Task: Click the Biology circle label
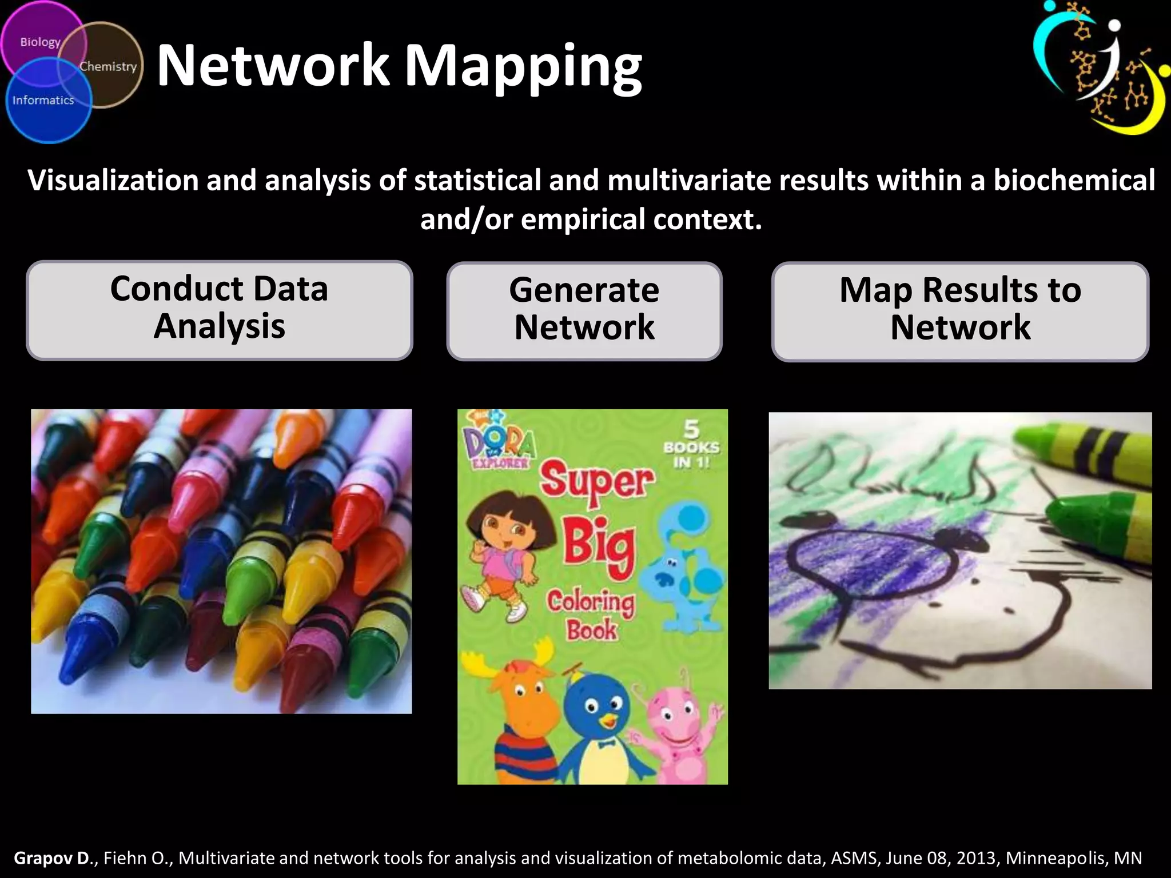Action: [x=40, y=42]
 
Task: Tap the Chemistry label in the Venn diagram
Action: [x=108, y=66]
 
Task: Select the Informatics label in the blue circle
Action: [x=43, y=101]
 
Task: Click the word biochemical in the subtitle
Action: [x=1074, y=180]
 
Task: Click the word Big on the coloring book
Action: [x=599, y=546]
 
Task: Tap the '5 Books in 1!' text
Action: [x=691, y=446]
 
